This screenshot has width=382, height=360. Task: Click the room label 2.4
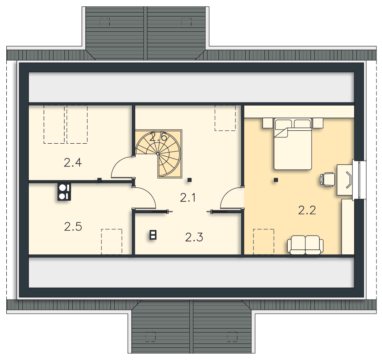[73, 163]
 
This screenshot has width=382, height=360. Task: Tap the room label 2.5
[73, 227]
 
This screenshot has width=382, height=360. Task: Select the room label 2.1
[188, 197]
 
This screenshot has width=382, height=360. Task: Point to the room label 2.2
[307, 210]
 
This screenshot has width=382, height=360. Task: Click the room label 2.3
[194, 237]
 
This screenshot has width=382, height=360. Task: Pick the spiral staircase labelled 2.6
[159, 154]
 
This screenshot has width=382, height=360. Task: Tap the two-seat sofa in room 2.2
[305, 245]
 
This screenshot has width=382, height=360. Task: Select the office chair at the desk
[327, 180]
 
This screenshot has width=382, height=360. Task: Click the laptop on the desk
[349, 180]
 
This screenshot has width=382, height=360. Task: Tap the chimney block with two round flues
[64, 192]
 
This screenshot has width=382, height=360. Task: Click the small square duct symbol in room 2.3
[153, 235]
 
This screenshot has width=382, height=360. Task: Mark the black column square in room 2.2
[276, 180]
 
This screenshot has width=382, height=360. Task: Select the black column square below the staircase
[189, 180]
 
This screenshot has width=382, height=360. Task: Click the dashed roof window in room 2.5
[112, 242]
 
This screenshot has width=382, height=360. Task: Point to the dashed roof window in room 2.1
[225, 118]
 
